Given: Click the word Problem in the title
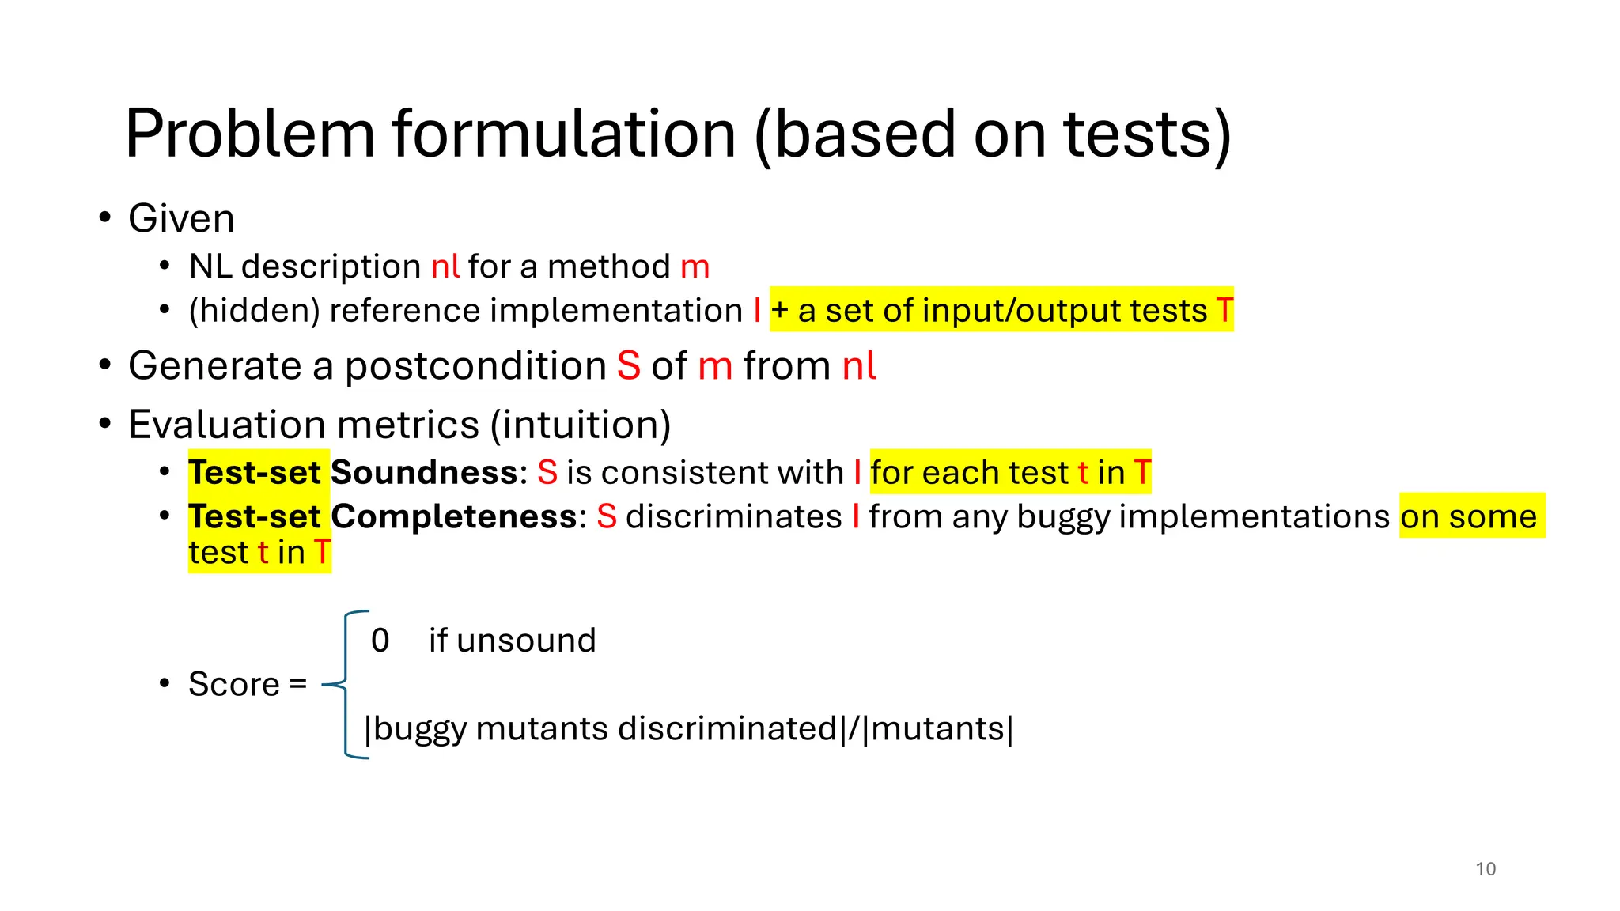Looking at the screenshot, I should [250, 134].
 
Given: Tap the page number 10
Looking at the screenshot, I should [1486, 869].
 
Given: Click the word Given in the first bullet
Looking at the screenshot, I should [181, 218].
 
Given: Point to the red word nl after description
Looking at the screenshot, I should [445, 266].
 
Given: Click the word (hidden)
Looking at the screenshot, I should [255, 311].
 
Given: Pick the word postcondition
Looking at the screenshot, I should [476, 366].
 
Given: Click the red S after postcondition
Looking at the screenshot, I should [629, 366].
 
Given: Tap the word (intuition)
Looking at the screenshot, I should [581, 425].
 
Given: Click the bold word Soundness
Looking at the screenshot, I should [425, 473].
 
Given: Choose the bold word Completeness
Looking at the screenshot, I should [455, 516].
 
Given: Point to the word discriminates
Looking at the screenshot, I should [733, 516].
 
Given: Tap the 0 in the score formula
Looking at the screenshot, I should [380, 641].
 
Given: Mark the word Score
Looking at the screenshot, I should [234, 684].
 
